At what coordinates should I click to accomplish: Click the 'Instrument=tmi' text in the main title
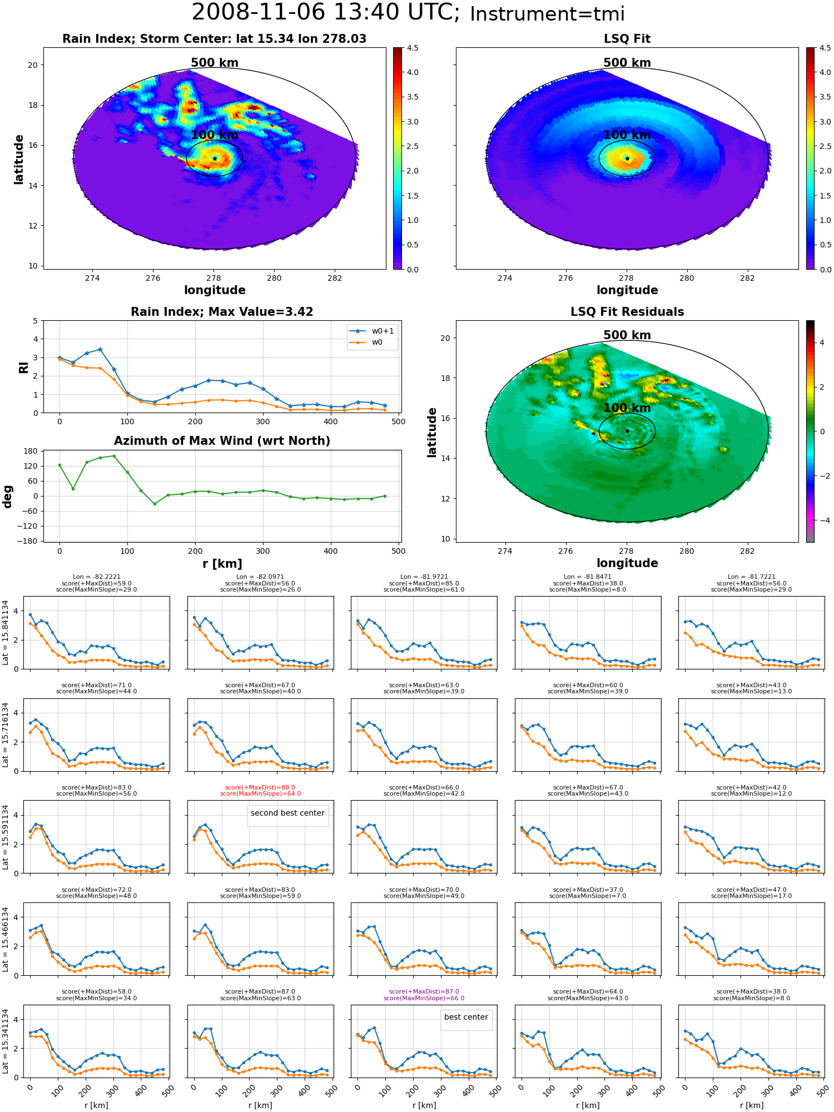tap(547, 14)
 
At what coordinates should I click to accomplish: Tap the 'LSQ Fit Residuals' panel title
tap(627, 312)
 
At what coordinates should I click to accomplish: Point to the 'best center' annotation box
tap(466, 1017)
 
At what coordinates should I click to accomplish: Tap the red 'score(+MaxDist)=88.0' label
tap(260, 787)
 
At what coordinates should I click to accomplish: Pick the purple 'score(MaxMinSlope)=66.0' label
tap(424, 998)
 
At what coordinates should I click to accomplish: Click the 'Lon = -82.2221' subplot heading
tap(97, 577)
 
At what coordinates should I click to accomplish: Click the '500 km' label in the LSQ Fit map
tap(627, 63)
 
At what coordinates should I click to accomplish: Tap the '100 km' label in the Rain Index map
tap(215, 135)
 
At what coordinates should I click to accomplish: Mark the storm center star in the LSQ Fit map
tap(627, 158)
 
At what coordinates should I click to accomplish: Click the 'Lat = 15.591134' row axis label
tap(6, 837)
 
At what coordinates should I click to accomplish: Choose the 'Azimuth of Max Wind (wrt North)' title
tap(222, 441)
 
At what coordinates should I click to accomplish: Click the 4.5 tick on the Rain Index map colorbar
tap(413, 48)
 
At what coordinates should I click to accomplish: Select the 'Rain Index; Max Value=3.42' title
tap(222, 312)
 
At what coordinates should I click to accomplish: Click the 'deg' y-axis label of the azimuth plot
tap(8, 496)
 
